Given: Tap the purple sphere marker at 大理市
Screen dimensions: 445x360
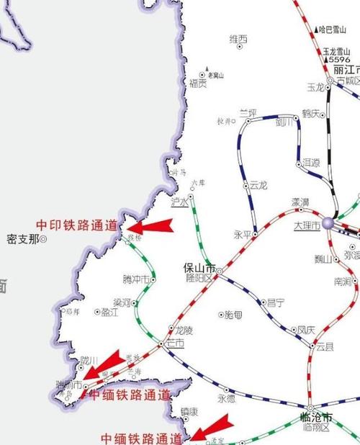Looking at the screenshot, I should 328,223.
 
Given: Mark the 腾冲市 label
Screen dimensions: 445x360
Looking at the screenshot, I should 137,279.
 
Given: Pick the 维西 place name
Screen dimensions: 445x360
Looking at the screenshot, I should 238,39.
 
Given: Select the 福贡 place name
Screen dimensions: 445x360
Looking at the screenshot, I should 198,84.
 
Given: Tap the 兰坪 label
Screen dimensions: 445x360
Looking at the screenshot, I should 248,113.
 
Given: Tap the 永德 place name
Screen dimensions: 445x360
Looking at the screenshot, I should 226,398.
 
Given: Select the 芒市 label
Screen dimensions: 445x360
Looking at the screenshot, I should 175,343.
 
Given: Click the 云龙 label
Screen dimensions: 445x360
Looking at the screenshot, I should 258,185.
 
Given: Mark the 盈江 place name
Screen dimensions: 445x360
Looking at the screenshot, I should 110,313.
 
